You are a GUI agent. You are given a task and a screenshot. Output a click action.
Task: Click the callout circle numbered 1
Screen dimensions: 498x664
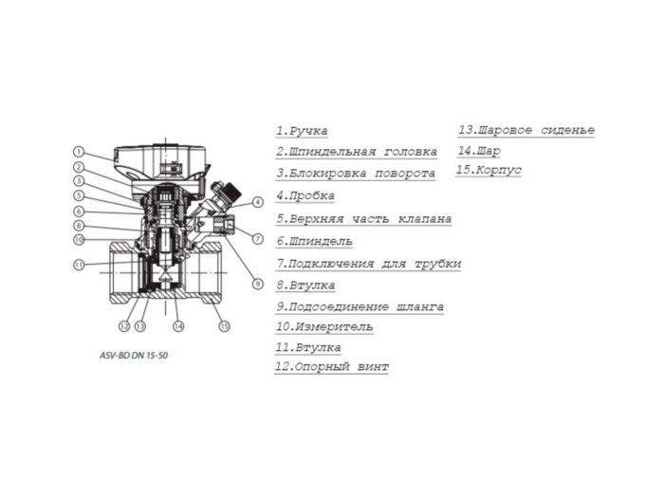point(81,152)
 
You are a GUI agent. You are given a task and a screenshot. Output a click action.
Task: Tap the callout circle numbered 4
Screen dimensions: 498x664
point(258,203)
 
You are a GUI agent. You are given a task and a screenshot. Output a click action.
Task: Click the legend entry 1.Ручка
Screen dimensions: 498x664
point(302,132)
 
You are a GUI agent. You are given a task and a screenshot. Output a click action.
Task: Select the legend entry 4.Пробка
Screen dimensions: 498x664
point(305,195)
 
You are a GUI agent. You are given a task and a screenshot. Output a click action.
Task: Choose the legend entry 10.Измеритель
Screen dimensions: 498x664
point(323,326)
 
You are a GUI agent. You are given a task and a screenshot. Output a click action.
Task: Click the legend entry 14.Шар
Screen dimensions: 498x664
point(479,151)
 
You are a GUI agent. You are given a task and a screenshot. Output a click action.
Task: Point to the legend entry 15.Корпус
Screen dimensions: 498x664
point(489,171)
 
